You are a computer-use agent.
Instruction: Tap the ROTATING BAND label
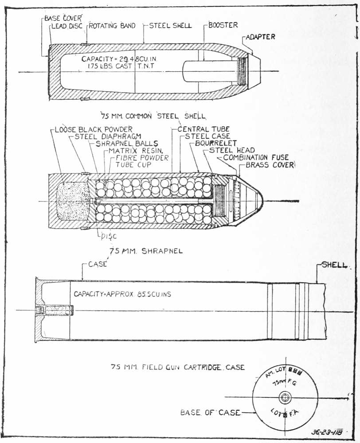click(x=112, y=26)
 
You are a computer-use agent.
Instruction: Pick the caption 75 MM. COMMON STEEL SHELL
click(x=153, y=117)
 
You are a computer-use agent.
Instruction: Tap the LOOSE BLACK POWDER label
click(x=94, y=129)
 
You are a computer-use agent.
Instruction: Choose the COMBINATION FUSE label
click(x=256, y=158)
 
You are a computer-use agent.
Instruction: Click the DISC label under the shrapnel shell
click(x=108, y=236)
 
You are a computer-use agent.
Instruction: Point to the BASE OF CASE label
click(x=210, y=412)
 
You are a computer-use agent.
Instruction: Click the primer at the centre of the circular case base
click(x=282, y=396)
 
